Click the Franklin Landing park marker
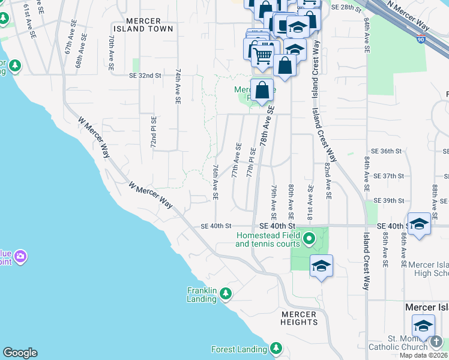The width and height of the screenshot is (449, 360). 226,293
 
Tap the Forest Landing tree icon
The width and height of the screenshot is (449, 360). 276,348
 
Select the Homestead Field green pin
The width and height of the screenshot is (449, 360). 309,239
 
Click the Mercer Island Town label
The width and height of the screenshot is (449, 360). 143,24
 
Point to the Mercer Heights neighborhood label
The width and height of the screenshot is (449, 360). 298,319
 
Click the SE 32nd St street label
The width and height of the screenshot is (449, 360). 145,76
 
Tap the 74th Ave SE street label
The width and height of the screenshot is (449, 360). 178,87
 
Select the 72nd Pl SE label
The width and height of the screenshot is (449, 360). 154,133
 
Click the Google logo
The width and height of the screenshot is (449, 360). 20,353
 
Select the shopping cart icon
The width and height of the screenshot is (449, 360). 262,56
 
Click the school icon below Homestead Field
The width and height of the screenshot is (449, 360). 321,265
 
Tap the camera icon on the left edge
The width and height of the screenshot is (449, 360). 21,257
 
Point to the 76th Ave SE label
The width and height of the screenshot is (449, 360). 215,182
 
